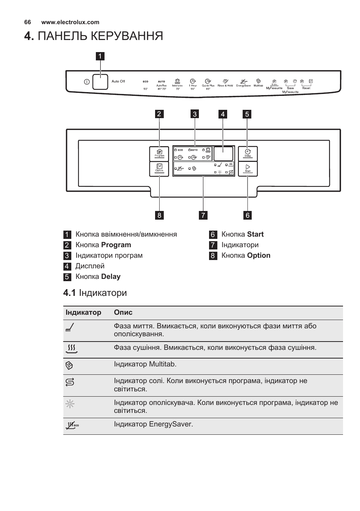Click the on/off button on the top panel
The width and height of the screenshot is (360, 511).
100,81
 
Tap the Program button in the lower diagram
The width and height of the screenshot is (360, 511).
159,153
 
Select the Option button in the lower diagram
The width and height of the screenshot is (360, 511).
159,168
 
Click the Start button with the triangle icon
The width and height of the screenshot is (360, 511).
248,168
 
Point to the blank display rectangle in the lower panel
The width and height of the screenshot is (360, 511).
223,154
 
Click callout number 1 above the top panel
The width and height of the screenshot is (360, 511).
100,56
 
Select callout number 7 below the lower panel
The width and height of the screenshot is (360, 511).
203,215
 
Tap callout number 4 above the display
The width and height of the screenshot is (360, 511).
223,114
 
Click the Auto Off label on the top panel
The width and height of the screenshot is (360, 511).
118,82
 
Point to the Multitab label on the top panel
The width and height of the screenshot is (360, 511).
258,86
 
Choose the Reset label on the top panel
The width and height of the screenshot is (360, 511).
306,88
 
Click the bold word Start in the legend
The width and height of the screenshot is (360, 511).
255,234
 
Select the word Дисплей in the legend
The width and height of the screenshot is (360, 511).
90,266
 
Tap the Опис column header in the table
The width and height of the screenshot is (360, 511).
123,312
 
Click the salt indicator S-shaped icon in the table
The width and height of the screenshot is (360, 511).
70,382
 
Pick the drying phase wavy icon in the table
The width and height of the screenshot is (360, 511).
71,348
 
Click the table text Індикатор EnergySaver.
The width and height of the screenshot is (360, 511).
153,424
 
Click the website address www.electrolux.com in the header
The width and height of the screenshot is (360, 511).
70,22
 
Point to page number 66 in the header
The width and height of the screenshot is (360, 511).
27,22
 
